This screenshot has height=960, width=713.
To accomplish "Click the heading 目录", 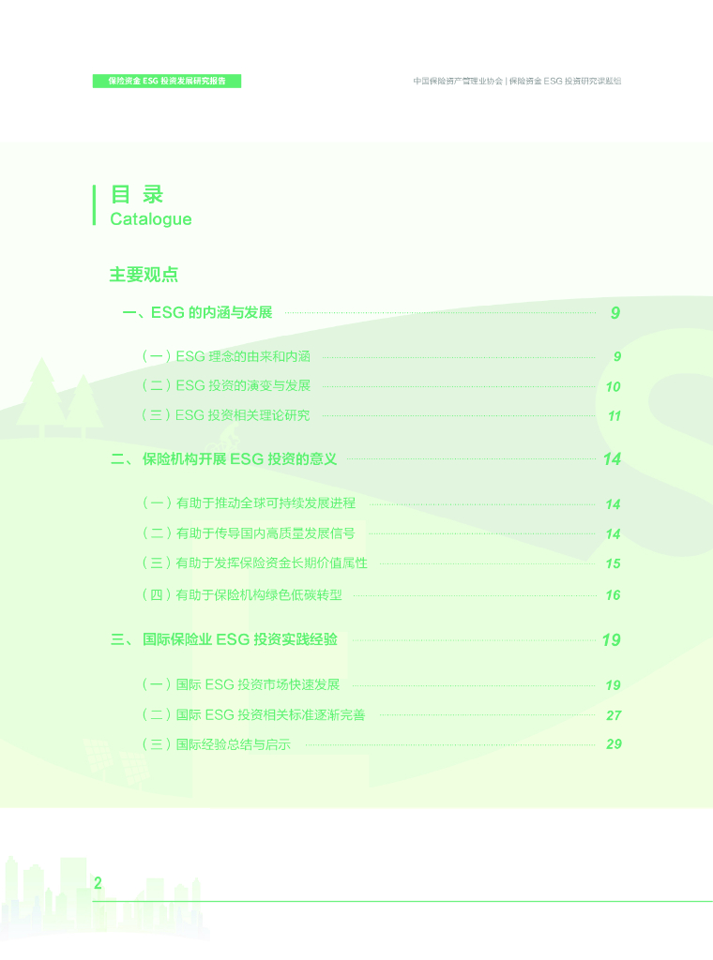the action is click(137, 194).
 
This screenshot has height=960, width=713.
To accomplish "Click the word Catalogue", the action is click(150, 219).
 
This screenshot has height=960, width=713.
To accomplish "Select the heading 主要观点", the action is click(144, 275).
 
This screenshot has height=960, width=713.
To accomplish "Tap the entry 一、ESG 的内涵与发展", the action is click(197, 313).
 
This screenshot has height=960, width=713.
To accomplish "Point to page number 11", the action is click(614, 416).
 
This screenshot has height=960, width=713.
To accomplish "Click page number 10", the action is click(613, 386).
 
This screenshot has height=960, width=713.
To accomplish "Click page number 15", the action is click(613, 564).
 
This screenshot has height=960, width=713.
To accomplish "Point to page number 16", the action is click(613, 595).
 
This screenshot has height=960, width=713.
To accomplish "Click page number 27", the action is click(614, 715).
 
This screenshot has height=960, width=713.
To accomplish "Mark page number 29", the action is click(614, 744).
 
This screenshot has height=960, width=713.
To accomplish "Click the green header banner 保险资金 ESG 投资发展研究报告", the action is click(167, 82).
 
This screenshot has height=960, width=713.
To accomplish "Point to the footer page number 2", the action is click(98, 882).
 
